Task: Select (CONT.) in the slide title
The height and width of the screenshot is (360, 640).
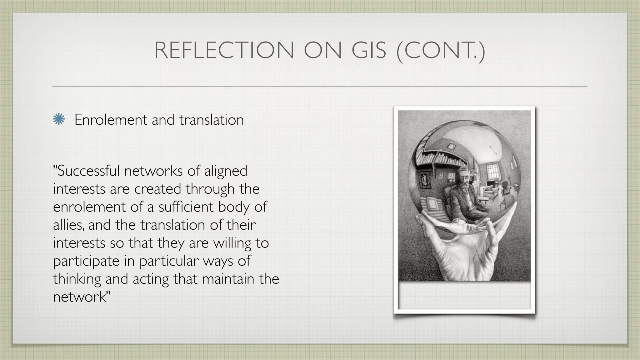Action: point(441,51)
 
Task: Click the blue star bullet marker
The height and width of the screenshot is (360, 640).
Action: point(59,120)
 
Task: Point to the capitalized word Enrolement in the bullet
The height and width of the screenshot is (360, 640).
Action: point(111,120)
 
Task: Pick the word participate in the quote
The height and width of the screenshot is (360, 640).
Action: point(86,261)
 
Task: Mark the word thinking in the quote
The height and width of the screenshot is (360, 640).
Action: point(77,279)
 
